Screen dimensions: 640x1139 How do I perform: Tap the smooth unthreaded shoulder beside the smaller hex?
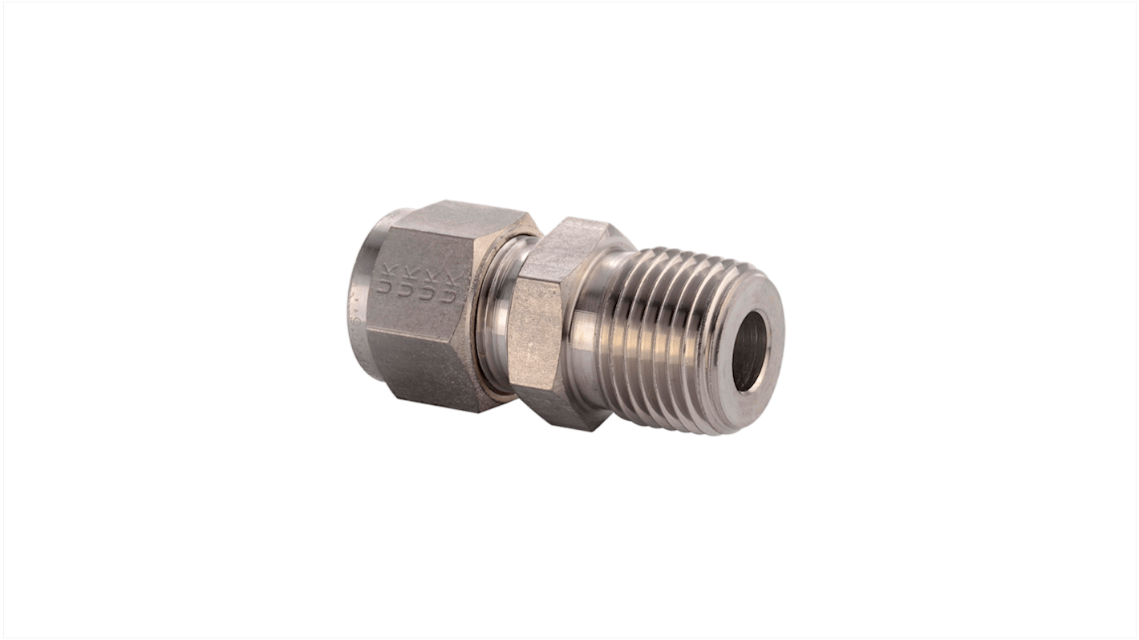coord(598,337)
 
